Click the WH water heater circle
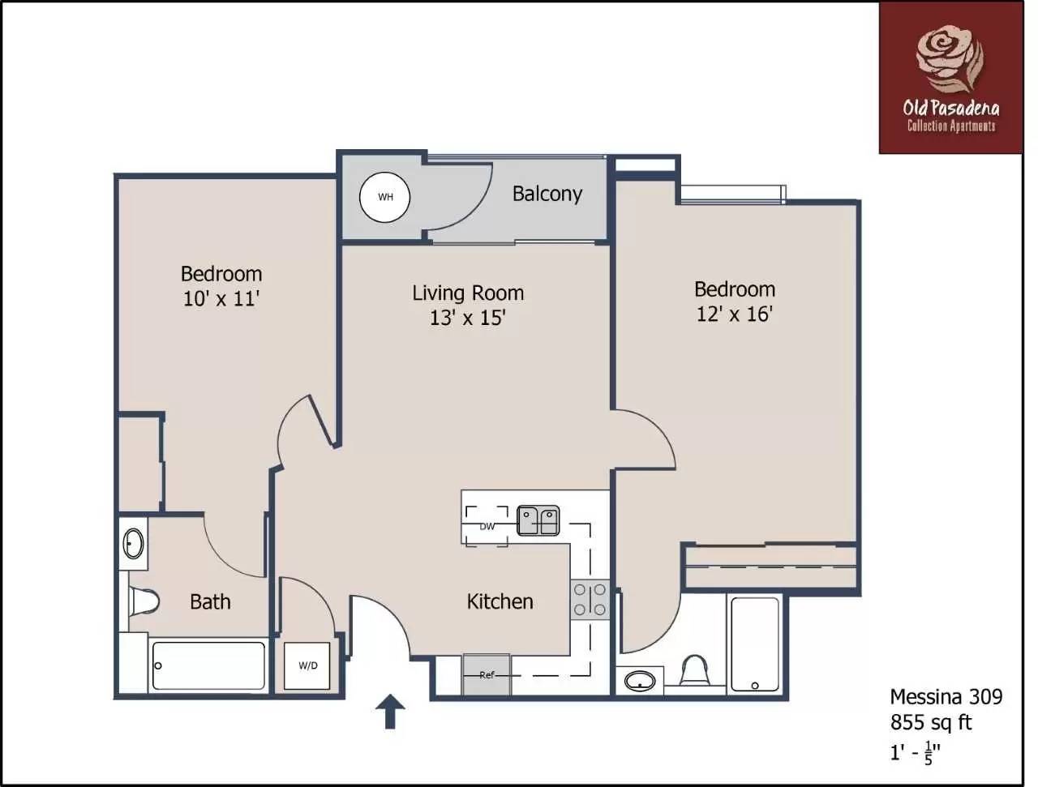(x=384, y=197)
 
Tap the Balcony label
(x=547, y=194)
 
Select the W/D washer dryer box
(x=307, y=665)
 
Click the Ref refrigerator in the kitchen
(x=487, y=674)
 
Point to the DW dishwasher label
(x=487, y=527)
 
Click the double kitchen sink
(x=538, y=521)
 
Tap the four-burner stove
(x=590, y=600)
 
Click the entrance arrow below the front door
(x=390, y=712)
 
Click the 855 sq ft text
(x=931, y=722)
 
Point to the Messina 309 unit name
(x=946, y=697)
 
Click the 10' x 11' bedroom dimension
(x=221, y=299)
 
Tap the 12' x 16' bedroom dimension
(x=735, y=314)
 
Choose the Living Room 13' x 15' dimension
(x=468, y=318)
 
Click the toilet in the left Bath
(x=144, y=601)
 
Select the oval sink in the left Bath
(x=133, y=543)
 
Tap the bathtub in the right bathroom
(x=755, y=644)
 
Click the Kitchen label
(x=500, y=601)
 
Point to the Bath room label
(x=210, y=601)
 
